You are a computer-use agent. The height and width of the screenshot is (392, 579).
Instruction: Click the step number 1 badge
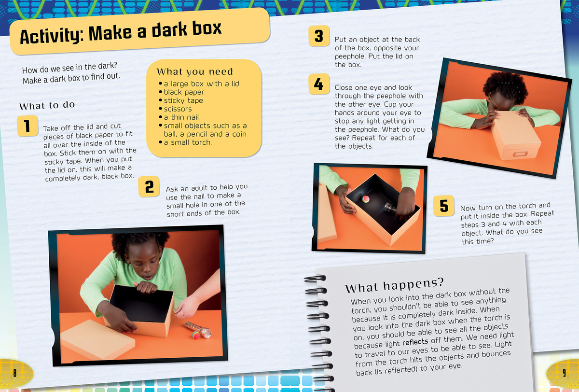click(28, 126)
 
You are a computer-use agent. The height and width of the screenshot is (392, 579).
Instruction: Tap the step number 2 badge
click(149, 186)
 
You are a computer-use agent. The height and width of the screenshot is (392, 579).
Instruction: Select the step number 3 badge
click(319, 36)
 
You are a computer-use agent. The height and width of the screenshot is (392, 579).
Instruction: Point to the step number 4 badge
click(319, 84)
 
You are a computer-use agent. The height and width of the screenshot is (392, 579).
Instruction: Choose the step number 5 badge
click(444, 206)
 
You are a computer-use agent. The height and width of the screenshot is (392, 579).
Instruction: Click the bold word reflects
click(415, 342)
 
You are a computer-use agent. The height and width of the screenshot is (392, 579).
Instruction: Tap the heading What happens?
click(395, 285)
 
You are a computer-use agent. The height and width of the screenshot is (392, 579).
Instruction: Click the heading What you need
click(195, 71)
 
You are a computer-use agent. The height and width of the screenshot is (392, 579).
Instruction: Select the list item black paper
click(184, 92)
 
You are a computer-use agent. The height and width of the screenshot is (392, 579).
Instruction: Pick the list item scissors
click(178, 109)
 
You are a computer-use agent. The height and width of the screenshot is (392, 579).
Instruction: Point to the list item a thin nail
click(181, 117)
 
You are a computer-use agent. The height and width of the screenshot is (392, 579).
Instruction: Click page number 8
click(15, 373)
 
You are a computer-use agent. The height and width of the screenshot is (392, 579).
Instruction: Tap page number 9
click(564, 373)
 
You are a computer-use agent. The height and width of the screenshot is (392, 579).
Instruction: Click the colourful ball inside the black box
click(366, 199)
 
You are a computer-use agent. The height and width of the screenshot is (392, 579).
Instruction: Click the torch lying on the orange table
click(198, 330)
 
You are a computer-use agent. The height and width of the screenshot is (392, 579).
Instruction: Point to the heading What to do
click(47, 105)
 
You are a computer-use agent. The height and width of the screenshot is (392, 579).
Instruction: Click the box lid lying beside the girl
click(97, 339)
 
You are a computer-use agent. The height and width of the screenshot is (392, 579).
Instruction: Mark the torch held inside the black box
click(391, 208)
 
